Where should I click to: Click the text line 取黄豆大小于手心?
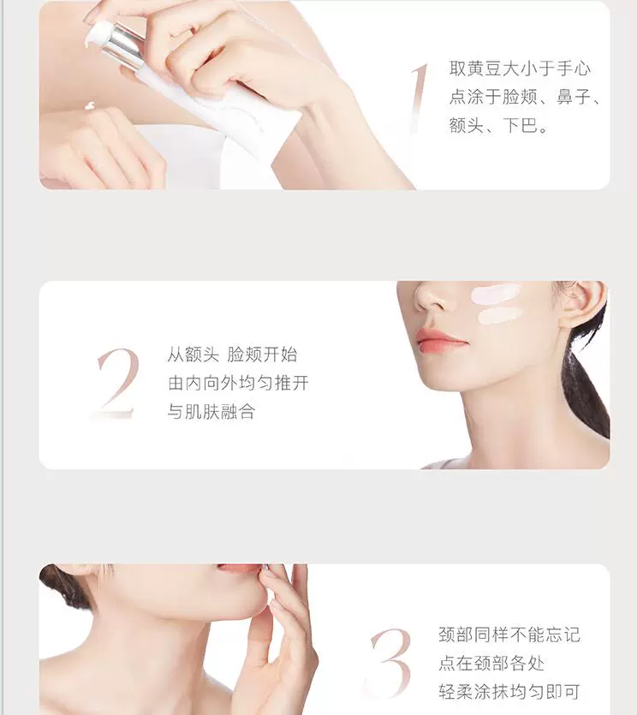tap(520, 69)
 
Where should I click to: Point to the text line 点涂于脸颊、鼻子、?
tap(524, 97)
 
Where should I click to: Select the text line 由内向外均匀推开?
tap(238, 383)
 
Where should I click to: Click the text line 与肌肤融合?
tap(211, 411)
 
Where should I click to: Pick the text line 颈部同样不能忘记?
tap(509, 635)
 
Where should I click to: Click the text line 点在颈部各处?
tap(491, 663)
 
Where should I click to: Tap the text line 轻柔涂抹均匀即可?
tap(509, 692)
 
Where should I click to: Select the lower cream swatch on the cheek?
tap(499, 316)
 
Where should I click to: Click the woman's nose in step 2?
tap(431, 299)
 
